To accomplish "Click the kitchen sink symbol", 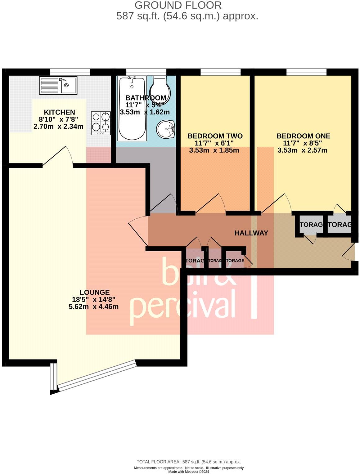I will pos(58,86).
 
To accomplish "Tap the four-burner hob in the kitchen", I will pos(101,123).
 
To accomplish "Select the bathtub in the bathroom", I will pos(132,109).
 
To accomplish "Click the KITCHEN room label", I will pos(59,112).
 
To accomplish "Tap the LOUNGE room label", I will pos(95,292).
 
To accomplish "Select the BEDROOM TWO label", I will pos(215,136).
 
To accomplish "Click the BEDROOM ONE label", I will pos(303,136).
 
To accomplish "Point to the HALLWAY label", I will pos(251,233).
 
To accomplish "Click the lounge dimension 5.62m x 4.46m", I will pos(93,307).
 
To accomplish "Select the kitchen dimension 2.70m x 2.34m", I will pos(58,126).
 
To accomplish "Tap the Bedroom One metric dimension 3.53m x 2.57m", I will pos(302,150).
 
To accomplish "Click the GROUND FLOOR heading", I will pos(178,5).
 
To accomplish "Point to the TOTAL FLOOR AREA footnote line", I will pos(188,462).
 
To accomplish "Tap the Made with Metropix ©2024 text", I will pos(188,472).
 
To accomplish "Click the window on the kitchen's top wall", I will pos(70,72).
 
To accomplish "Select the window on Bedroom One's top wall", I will pos(306,72).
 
